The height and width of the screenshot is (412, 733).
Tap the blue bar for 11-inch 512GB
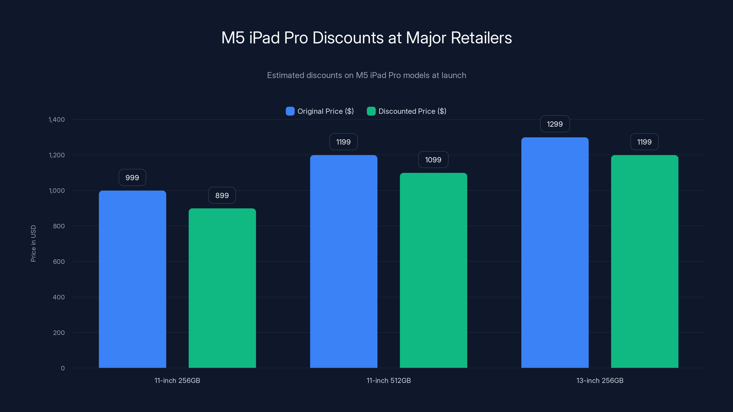343,261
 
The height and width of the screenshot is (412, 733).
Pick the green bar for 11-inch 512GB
433,270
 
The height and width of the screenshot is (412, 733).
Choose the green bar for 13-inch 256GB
645,261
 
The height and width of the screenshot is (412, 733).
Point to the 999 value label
132,178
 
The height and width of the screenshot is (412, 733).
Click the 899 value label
222,195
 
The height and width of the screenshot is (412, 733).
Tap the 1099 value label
433,160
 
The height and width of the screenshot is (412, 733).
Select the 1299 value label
555,124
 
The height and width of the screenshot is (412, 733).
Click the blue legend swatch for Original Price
290,111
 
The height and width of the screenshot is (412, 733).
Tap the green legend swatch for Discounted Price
371,111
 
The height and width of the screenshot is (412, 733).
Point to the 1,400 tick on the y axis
57,119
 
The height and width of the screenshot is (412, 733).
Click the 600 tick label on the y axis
59,262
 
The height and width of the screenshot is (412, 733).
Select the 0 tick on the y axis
63,368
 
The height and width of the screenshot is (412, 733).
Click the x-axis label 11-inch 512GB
388,380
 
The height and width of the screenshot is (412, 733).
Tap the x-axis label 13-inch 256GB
600,380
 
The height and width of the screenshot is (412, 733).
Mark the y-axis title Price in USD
33,243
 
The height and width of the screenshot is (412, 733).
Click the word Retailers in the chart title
481,38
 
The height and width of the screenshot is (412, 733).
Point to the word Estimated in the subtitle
285,75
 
